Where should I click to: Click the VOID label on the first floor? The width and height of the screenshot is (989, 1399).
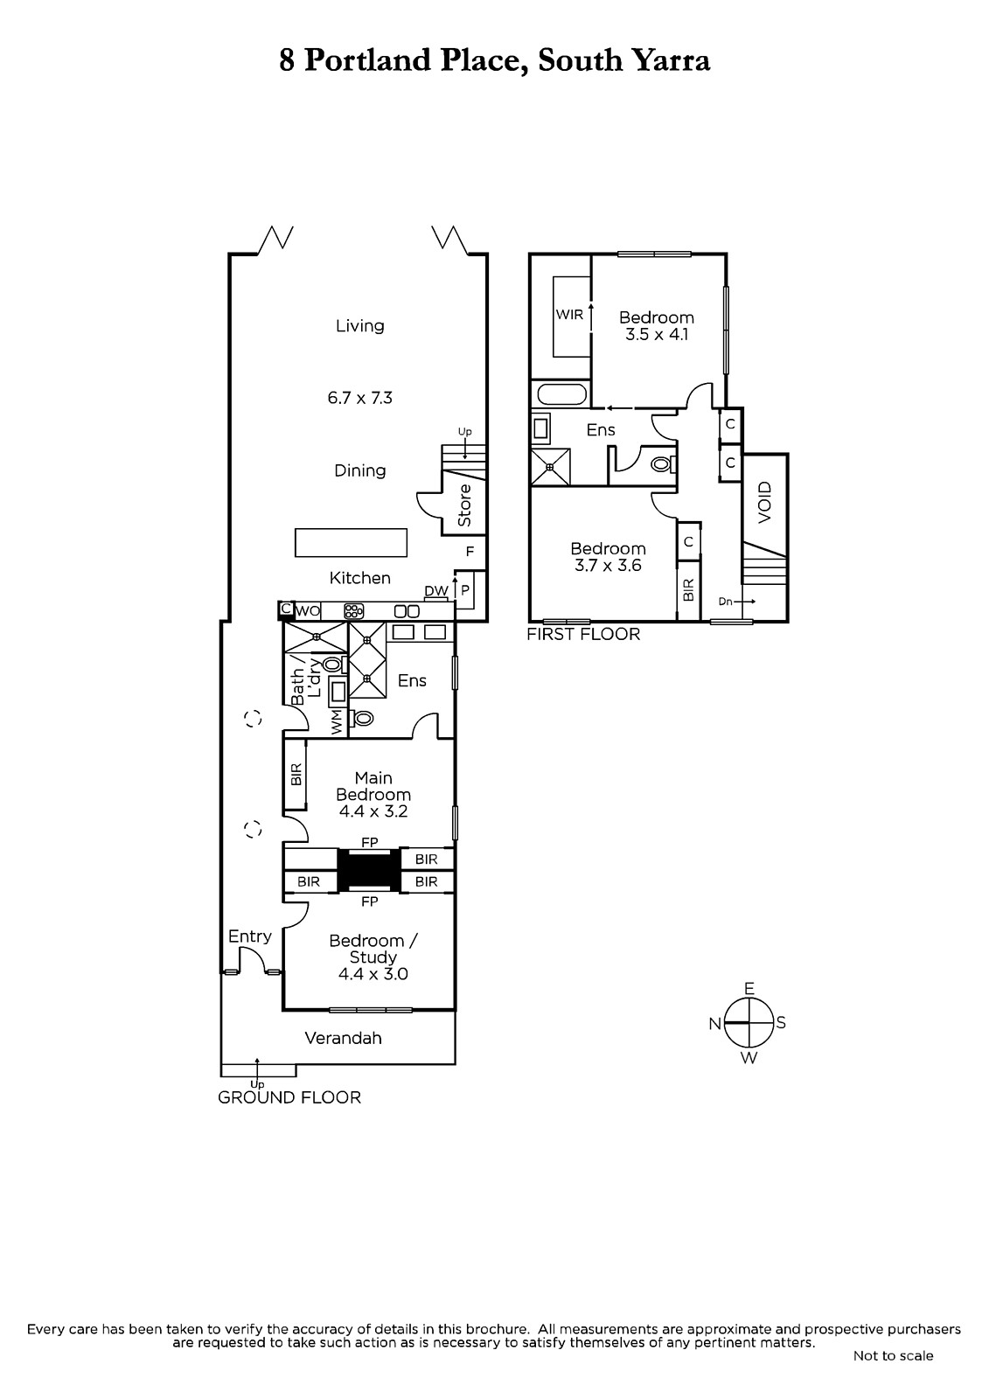[765, 503]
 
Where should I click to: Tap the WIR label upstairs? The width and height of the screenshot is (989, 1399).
[569, 315]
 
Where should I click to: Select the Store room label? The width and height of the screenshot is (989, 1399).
[464, 505]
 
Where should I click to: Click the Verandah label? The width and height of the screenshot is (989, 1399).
[343, 1038]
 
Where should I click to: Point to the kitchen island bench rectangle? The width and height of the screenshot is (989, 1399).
[352, 542]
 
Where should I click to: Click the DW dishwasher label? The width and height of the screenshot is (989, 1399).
[436, 591]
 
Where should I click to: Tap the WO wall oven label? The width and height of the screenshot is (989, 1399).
[308, 611]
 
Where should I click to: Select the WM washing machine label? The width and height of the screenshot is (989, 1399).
[337, 722]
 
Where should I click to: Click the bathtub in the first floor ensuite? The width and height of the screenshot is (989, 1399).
[561, 394]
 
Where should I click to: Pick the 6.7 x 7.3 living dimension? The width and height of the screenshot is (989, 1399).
[360, 398]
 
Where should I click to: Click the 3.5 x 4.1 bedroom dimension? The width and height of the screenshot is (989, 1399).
[657, 334]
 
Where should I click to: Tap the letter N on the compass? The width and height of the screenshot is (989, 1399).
[714, 1024]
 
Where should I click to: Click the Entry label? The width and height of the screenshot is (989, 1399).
[250, 936]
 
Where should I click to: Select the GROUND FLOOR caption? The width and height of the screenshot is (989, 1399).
[289, 1097]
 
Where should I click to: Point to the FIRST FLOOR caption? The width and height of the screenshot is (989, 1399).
[583, 635]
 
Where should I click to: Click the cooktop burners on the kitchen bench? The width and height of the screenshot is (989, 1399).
[354, 611]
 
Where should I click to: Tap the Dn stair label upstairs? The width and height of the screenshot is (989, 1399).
[725, 602]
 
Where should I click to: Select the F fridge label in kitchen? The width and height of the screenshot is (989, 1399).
[470, 552]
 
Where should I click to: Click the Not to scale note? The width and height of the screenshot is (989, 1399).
[894, 1355]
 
